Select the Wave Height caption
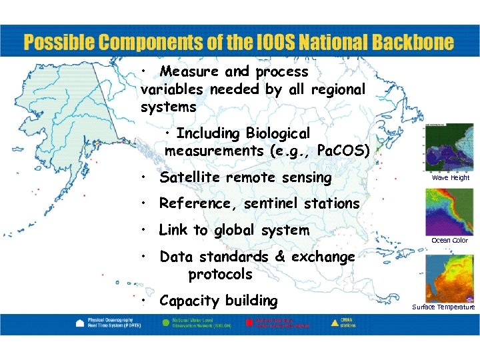click(450, 178)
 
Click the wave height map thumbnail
click(449, 148)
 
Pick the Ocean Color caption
click(450, 240)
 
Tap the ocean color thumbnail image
click(449, 211)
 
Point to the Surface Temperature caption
click(444, 307)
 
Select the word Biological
click(278, 133)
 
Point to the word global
click(235, 231)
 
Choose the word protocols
click(220, 274)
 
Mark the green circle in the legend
click(165, 321)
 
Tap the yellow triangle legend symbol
click(335, 321)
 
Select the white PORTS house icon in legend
click(80, 322)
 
